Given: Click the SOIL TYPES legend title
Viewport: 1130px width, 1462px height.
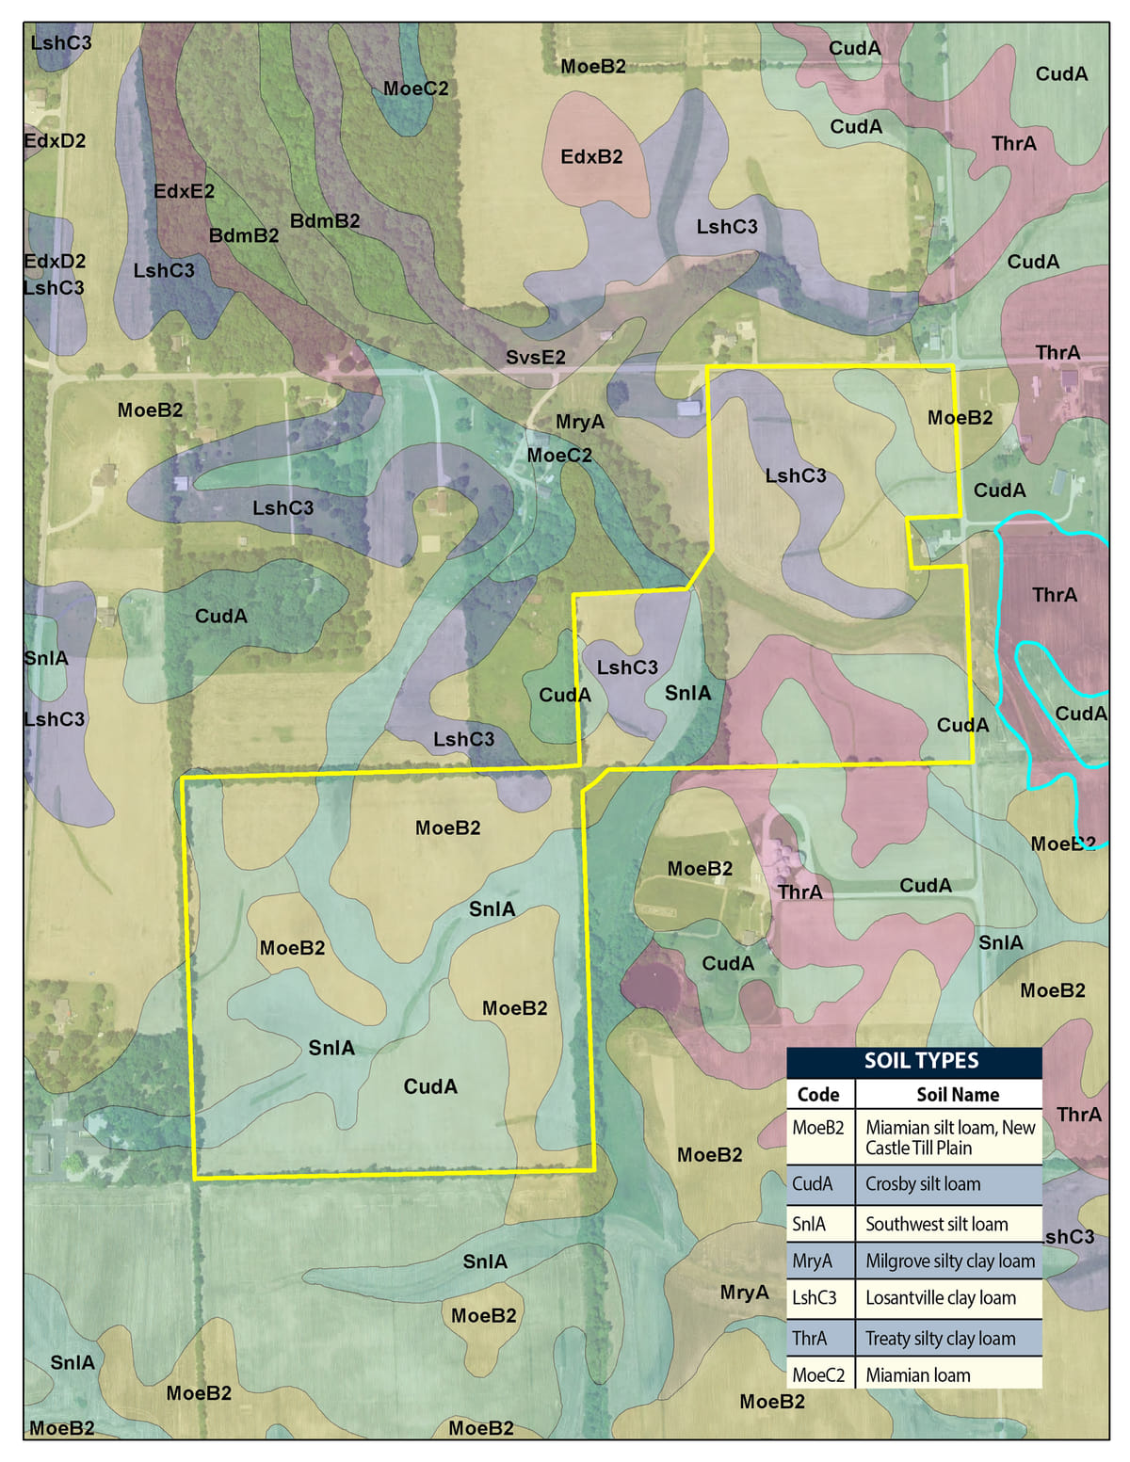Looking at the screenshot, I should tap(921, 1061).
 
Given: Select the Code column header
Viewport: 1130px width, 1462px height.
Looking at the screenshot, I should tap(818, 1094).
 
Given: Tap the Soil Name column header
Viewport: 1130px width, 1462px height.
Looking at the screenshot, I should tap(958, 1094).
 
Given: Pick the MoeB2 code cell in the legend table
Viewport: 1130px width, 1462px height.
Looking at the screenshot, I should tap(818, 1128).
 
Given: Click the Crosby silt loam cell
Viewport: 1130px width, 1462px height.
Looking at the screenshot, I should tap(923, 1184).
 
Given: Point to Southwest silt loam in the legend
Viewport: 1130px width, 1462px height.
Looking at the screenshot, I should tap(936, 1224).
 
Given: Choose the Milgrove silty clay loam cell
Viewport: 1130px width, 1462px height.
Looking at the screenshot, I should tap(949, 1261).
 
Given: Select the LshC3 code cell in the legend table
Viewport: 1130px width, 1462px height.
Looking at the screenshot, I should tap(814, 1298).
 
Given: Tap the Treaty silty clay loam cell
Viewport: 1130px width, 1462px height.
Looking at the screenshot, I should tap(940, 1339).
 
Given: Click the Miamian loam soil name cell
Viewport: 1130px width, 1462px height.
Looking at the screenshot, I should tap(917, 1375).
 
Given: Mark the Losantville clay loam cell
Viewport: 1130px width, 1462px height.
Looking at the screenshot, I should tap(940, 1298).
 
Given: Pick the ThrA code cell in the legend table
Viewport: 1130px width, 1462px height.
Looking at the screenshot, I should tap(809, 1339).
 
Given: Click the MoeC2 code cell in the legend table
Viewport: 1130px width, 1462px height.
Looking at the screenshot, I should tap(818, 1375).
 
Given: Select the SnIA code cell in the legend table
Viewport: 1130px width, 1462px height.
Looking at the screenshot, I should tap(808, 1224).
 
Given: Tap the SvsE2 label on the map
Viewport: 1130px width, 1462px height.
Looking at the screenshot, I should tap(536, 358).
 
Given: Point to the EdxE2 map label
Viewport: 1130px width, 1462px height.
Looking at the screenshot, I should tap(184, 192).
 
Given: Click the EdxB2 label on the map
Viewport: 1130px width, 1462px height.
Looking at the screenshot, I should tap(591, 157).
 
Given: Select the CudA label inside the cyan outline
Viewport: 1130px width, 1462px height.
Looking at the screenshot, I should tap(1080, 714).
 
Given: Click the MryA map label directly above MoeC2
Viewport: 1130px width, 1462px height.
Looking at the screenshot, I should tap(580, 423).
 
